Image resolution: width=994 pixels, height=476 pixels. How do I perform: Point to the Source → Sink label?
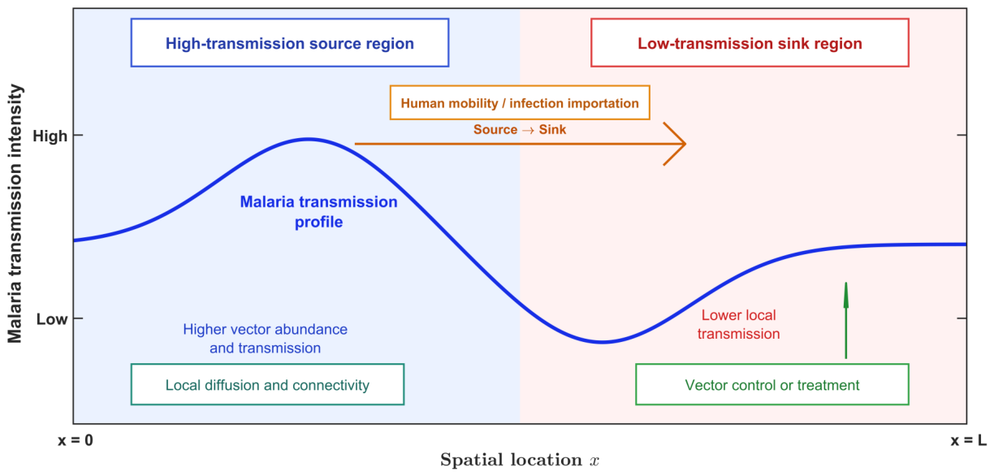[520, 130]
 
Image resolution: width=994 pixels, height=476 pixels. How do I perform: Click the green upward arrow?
[845, 320]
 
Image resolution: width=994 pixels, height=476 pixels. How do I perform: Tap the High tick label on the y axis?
[50, 136]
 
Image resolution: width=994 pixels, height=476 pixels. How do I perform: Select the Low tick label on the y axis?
[52, 318]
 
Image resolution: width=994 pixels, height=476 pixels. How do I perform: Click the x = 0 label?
[76, 440]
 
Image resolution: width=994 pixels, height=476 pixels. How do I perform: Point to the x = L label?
[969, 440]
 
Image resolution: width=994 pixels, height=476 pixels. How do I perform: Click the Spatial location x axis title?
[520, 460]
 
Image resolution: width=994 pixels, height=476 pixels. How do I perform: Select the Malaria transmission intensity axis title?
[15, 214]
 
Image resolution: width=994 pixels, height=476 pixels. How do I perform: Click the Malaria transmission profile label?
[318, 212]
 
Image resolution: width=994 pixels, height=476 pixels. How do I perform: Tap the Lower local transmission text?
[738, 324]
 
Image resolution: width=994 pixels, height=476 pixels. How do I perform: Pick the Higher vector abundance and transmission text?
[265, 339]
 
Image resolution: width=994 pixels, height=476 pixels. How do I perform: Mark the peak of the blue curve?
[309, 140]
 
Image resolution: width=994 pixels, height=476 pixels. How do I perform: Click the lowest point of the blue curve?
[603, 342]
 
